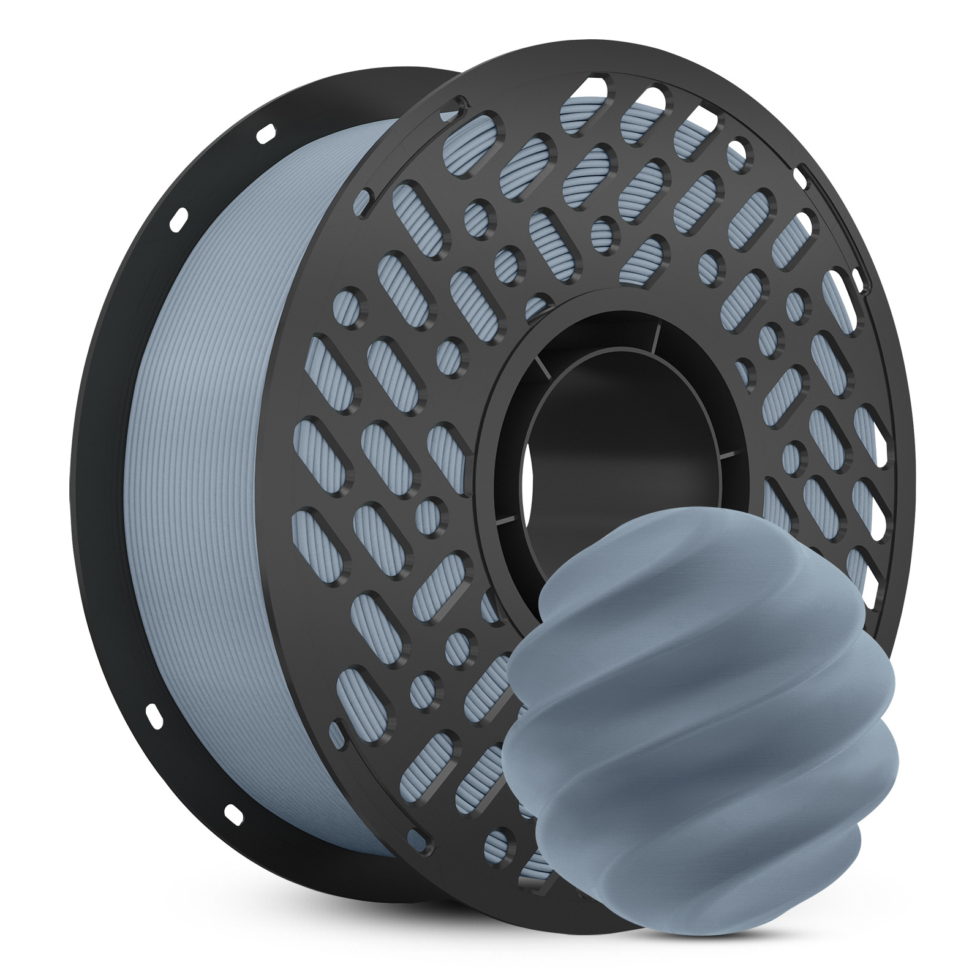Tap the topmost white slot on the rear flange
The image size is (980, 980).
(x=265, y=132)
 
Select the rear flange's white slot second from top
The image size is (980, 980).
(x=179, y=217)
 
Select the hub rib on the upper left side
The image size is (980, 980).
(x=540, y=367)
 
